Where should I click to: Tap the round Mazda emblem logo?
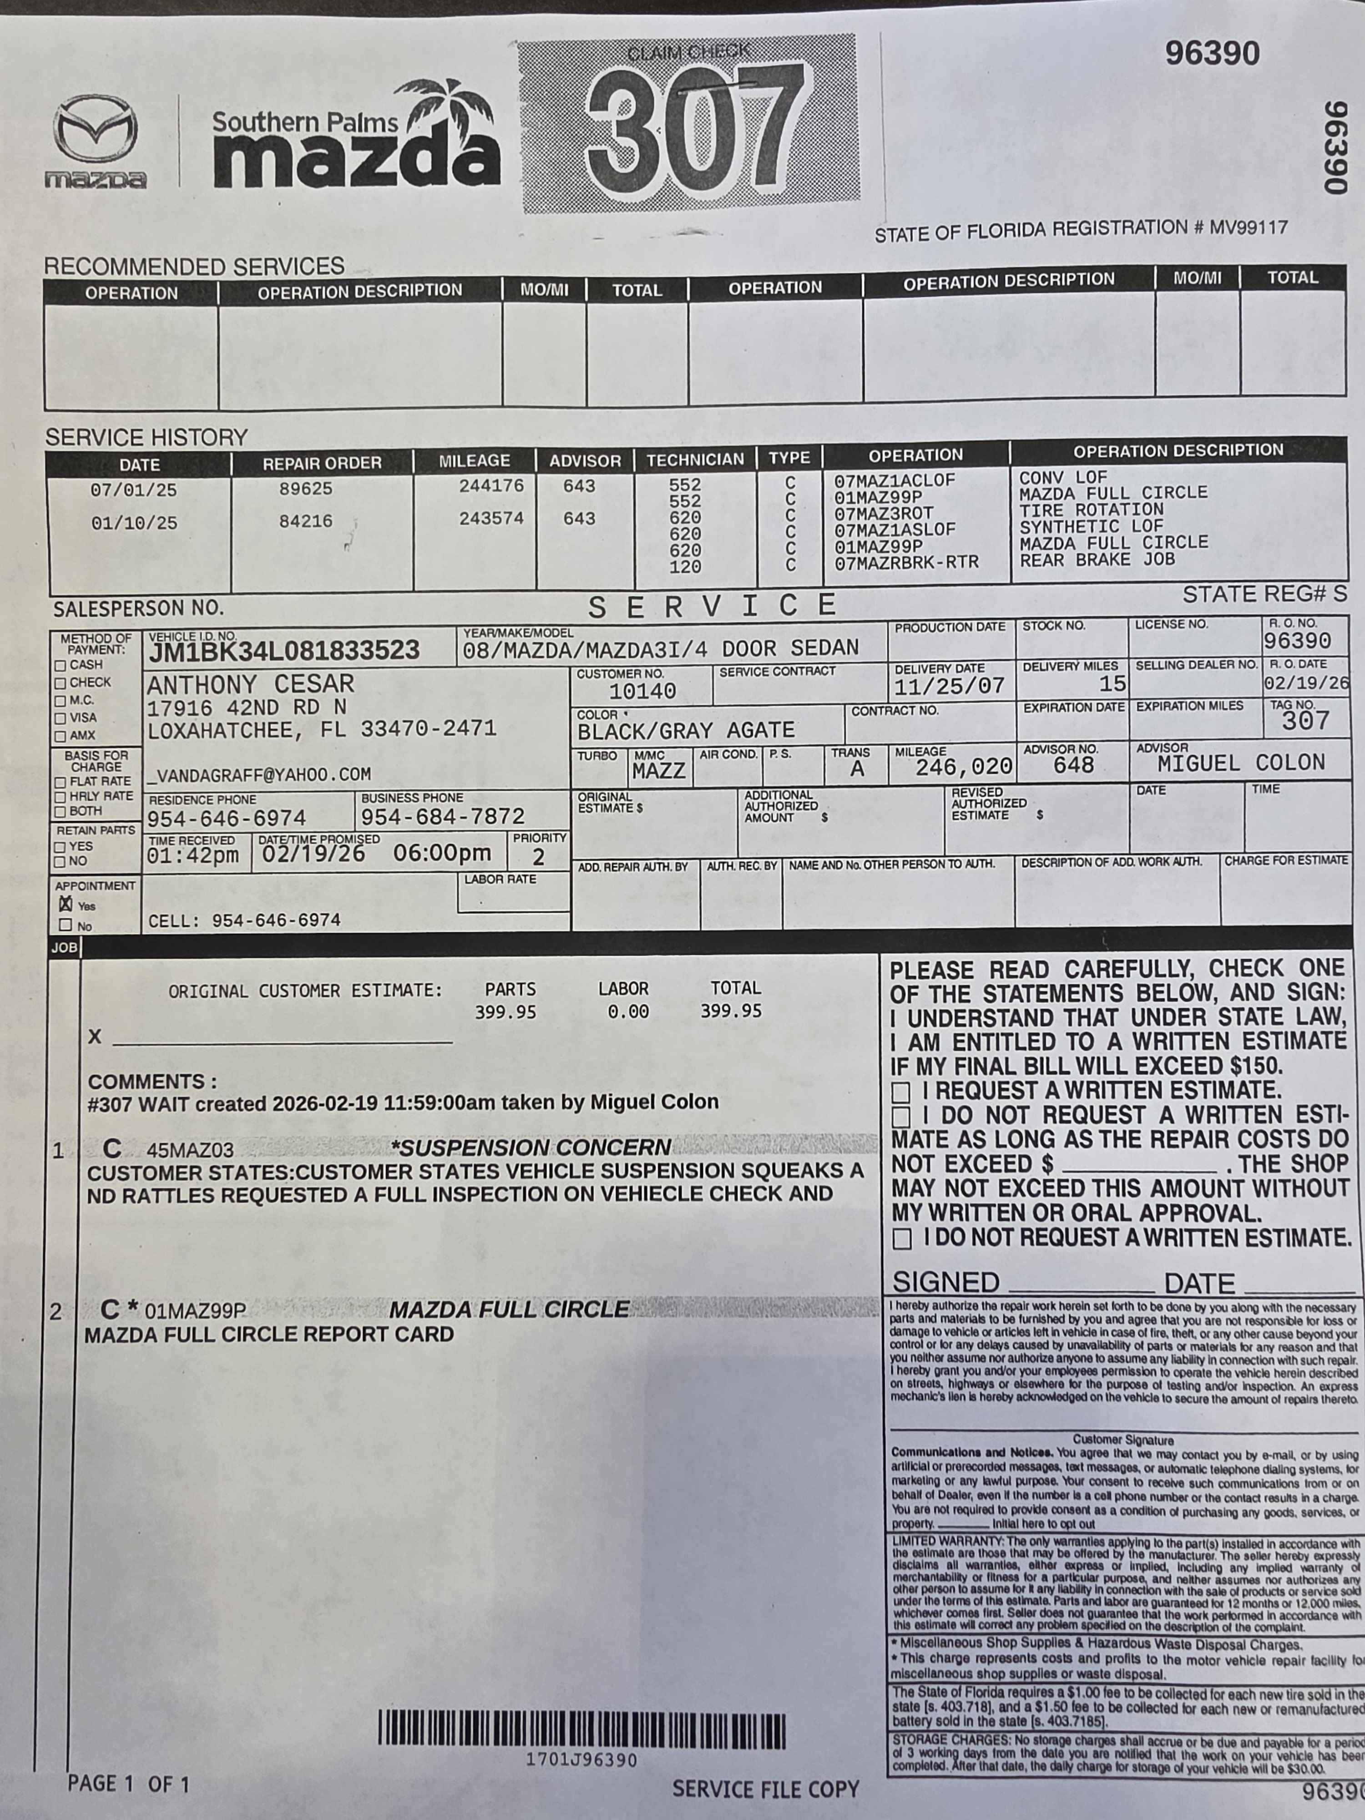pyautogui.click(x=96, y=129)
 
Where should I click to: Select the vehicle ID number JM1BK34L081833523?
pyautogui.click(x=284, y=651)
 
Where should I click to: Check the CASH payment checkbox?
pyautogui.click(x=60, y=665)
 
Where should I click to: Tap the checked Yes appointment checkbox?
pyautogui.click(x=66, y=904)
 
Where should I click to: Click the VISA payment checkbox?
pyautogui.click(x=60, y=718)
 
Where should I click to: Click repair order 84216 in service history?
pyautogui.click(x=305, y=521)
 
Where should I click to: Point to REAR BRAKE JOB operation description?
pyautogui.click(x=1097, y=560)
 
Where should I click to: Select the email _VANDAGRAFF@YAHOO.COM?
pyautogui.click(x=258, y=774)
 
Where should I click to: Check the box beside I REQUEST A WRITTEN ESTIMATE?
pyautogui.click(x=902, y=1092)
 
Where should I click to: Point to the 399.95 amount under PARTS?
pyautogui.click(x=505, y=1012)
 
